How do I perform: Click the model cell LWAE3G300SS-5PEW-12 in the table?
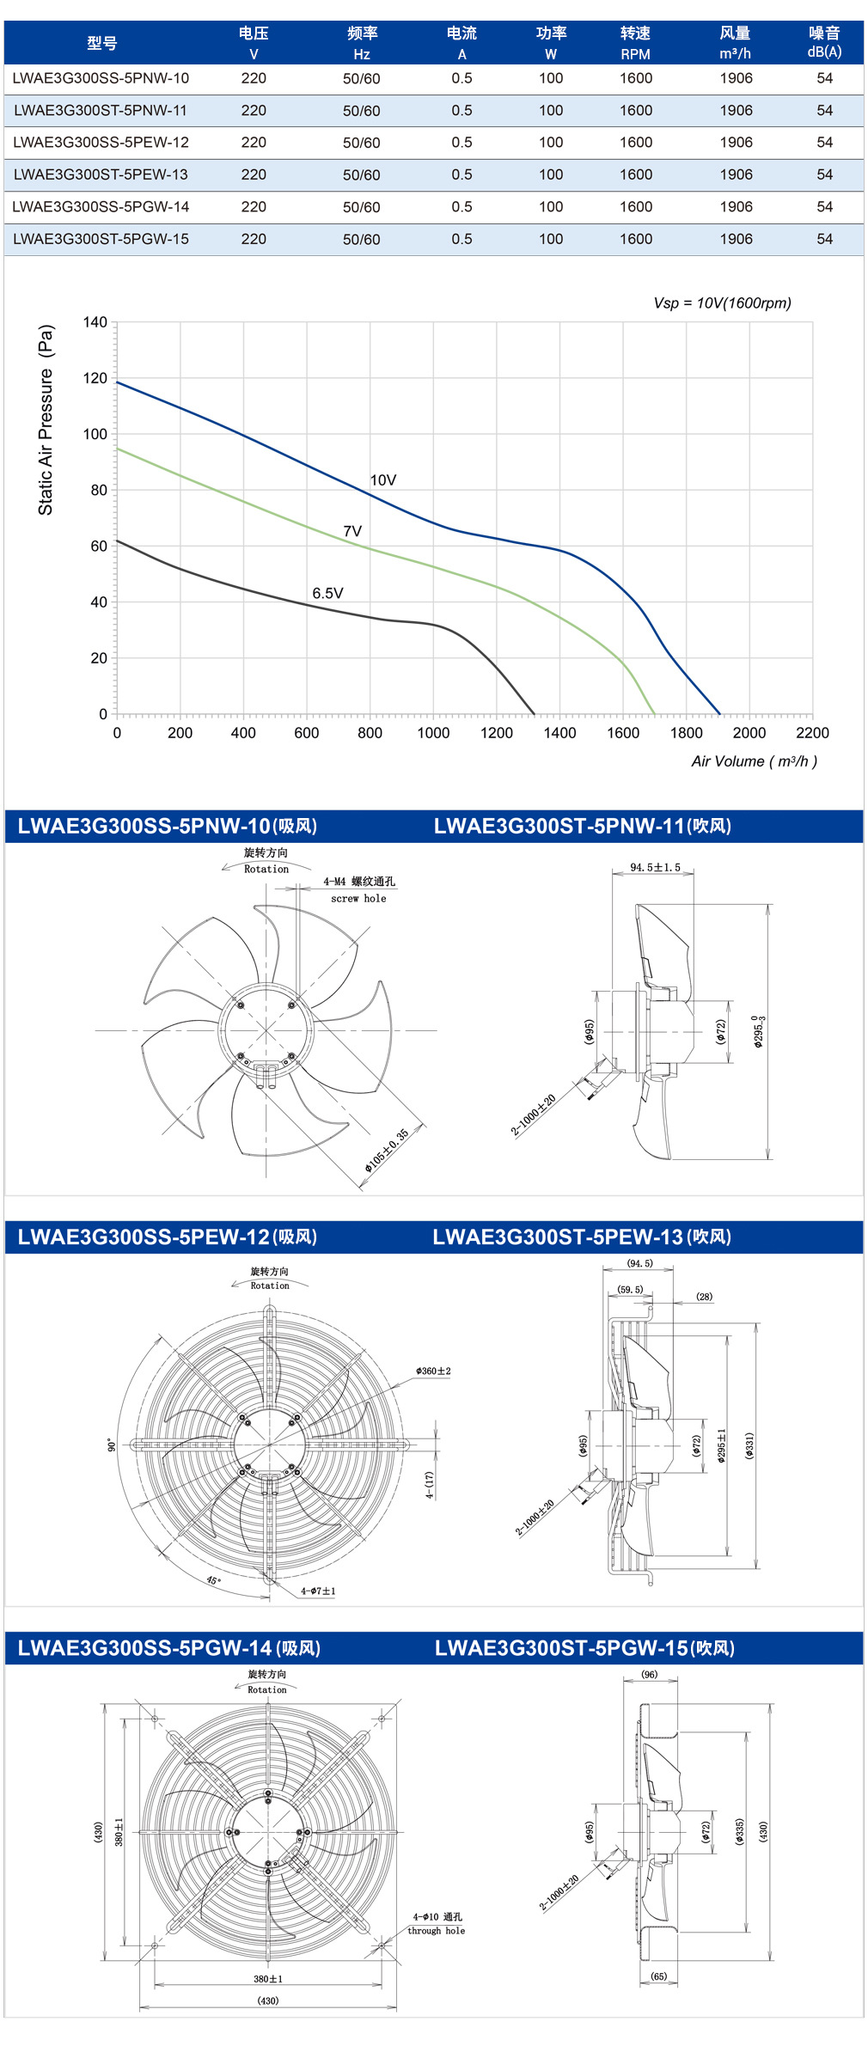[x=101, y=143]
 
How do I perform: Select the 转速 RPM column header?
[x=636, y=43]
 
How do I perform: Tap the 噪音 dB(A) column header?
[x=824, y=42]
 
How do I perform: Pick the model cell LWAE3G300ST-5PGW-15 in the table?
[x=101, y=239]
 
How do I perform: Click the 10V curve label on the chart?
[x=383, y=480]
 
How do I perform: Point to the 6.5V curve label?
[x=327, y=593]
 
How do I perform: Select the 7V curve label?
[x=352, y=531]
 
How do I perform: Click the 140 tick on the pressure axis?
[x=95, y=322]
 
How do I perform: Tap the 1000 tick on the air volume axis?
[x=433, y=733]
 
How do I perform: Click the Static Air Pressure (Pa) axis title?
[x=46, y=419]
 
